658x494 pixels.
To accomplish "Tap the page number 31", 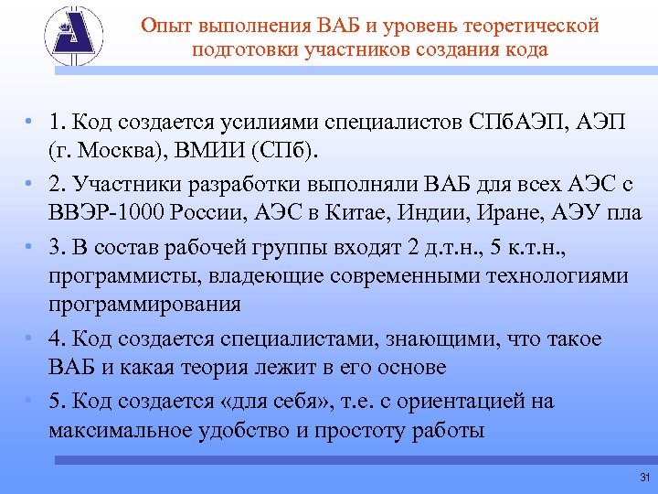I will [644, 478].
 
